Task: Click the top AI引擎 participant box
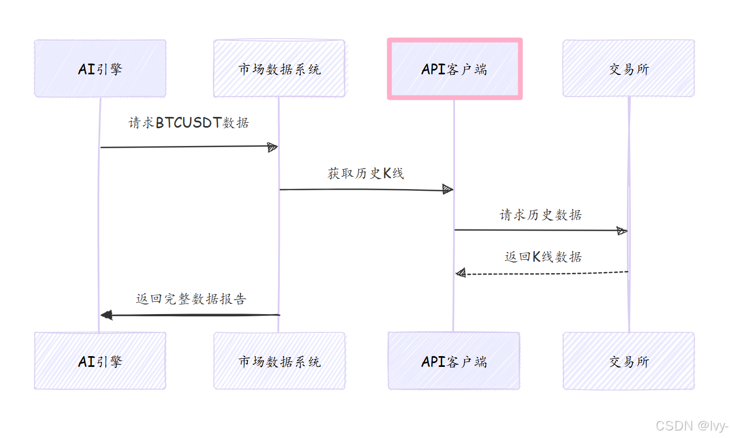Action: click(100, 68)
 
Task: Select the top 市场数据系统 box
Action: click(279, 68)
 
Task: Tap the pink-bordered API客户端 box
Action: click(454, 68)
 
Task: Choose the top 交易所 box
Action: click(629, 68)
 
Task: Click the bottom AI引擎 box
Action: click(100, 361)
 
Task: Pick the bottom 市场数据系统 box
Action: click(279, 361)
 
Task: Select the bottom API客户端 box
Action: click(454, 361)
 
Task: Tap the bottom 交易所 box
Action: click(629, 361)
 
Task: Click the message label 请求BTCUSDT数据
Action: click(189, 123)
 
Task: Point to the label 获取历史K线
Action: click(365, 173)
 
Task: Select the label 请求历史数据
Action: click(541, 215)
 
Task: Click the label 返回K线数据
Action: click(543, 257)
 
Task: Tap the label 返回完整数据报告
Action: click(191, 299)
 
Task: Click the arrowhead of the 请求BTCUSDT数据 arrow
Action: click(273, 147)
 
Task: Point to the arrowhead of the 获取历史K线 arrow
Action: click(447, 189)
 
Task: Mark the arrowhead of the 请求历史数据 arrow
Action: click(622, 231)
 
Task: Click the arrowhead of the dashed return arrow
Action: click(460, 274)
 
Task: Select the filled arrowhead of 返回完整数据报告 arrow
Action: click(106, 315)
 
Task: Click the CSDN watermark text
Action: click(692, 426)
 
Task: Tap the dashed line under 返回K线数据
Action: click(544, 273)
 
